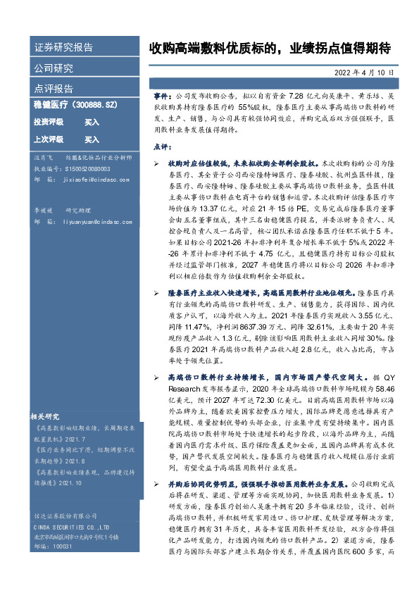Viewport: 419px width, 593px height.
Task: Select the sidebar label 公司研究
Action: (x=54, y=68)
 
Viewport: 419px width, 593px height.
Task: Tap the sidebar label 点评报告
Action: (x=54, y=89)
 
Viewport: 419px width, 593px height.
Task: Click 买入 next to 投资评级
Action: (x=92, y=122)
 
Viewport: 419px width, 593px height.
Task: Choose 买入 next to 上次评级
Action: (x=92, y=139)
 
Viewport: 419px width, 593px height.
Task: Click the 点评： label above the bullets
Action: (x=163, y=146)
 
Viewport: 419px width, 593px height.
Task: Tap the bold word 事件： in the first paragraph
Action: (x=163, y=94)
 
